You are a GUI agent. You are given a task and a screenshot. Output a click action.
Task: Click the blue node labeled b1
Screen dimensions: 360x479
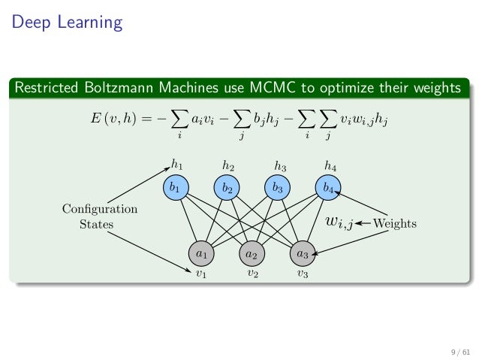[176, 188]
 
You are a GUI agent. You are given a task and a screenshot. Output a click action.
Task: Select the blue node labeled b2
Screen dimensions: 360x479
[227, 188]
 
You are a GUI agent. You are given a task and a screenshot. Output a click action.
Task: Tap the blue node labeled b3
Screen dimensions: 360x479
[278, 188]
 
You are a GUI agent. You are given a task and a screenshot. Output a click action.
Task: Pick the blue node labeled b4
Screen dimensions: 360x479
[328, 188]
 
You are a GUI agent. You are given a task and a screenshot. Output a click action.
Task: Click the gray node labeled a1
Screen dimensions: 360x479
[201, 254]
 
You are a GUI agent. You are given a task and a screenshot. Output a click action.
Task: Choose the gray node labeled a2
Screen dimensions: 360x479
[252, 254]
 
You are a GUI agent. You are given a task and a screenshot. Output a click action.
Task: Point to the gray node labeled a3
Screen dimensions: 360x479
[303, 254]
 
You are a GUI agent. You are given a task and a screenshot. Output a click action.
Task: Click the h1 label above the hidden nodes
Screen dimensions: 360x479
[176, 163]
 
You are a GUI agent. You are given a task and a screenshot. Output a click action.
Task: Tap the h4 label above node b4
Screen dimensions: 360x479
[330, 165]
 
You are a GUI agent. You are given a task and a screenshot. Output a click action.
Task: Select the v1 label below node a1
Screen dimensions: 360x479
[201, 274]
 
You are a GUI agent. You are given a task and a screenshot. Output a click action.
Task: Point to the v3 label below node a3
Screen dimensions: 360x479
[303, 274]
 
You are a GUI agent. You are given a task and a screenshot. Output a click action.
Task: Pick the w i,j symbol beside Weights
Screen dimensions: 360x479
[339, 222]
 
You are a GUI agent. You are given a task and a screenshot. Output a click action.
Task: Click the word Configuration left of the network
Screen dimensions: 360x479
[99, 209]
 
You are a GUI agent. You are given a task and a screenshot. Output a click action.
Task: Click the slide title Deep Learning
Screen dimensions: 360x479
[66, 23]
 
